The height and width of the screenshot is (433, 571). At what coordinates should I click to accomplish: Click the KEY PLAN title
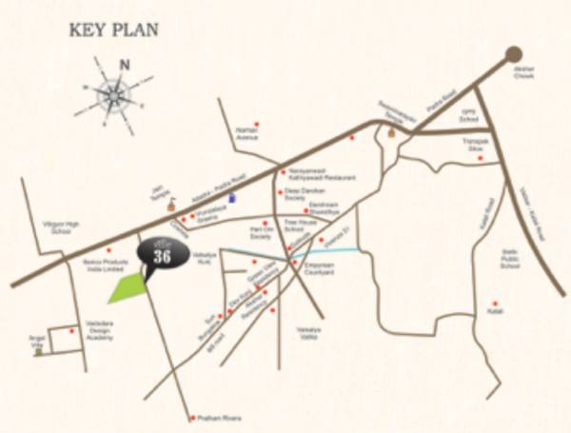click(113, 30)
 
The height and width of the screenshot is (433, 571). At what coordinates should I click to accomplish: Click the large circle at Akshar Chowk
click(514, 54)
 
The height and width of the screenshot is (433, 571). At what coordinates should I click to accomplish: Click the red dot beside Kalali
click(495, 305)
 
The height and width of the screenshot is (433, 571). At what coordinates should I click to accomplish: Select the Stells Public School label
click(510, 260)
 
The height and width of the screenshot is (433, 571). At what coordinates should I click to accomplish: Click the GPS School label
click(468, 118)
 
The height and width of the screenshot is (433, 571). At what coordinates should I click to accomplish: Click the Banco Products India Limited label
click(102, 265)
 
